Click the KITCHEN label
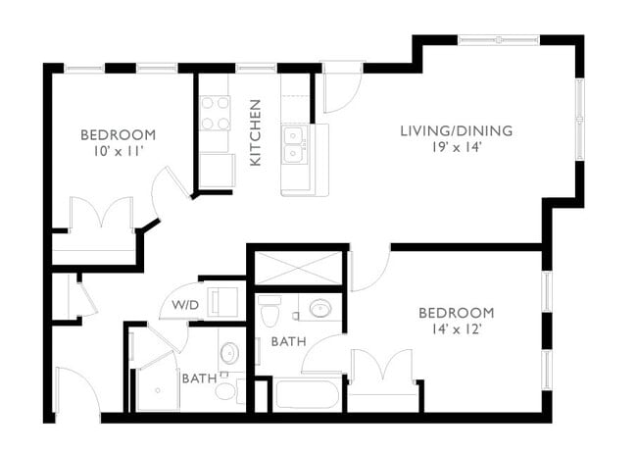click(255, 132)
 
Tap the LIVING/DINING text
click(456, 130)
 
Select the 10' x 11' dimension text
click(118, 153)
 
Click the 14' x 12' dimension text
click(456, 330)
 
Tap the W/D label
click(185, 305)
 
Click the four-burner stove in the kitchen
click(215, 113)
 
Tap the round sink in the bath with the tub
click(320, 309)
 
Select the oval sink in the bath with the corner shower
click(229, 352)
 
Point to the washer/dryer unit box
click(224, 300)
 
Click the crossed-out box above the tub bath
click(298, 268)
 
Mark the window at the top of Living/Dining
click(499, 39)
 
